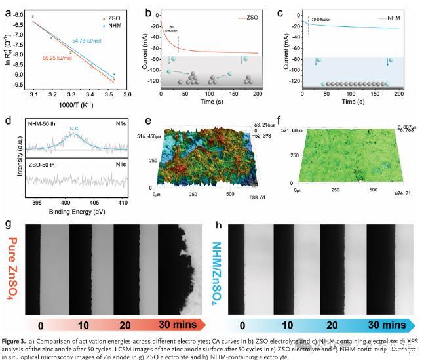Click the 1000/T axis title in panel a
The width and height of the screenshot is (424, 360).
(x=77, y=106)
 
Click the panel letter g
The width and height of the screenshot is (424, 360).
(x=8, y=224)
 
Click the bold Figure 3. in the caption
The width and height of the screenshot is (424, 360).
(x=20, y=342)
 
